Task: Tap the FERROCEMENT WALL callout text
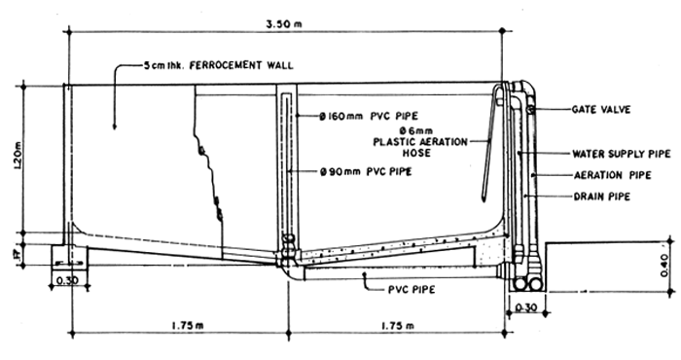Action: click(x=213, y=67)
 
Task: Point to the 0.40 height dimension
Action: click(x=664, y=264)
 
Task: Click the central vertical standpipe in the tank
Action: click(x=286, y=165)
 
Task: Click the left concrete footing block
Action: click(x=68, y=258)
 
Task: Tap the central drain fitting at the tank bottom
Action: click(x=286, y=259)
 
